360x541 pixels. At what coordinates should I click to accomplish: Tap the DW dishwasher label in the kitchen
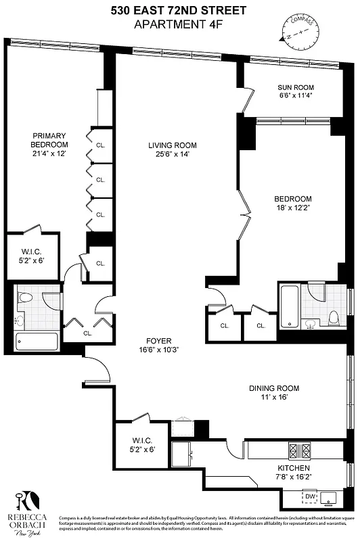pyautogui.click(x=310, y=496)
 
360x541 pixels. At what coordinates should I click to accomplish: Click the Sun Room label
pyautogui.click(x=296, y=87)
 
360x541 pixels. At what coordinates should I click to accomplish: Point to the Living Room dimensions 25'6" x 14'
pyautogui.click(x=173, y=154)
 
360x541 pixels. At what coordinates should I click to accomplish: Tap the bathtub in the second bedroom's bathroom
pyautogui.click(x=289, y=306)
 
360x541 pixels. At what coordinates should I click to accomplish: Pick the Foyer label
pyautogui.click(x=159, y=340)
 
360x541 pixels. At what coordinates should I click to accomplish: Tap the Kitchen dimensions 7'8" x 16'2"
pyautogui.click(x=293, y=477)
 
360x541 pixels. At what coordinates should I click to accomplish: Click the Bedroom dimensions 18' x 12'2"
pyautogui.click(x=292, y=208)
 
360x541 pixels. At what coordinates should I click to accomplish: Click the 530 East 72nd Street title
pyautogui.click(x=179, y=9)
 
